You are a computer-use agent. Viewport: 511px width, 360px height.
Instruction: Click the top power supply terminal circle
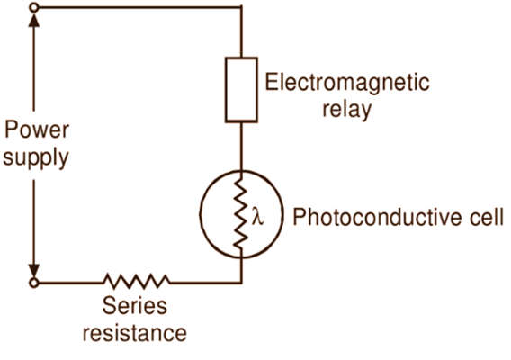coord(34,7)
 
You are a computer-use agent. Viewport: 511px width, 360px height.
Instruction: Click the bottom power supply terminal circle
coord(34,283)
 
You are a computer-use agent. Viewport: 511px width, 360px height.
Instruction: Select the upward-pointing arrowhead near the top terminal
coord(34,20)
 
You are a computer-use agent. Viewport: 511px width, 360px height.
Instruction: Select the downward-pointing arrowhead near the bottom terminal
coord(34,270)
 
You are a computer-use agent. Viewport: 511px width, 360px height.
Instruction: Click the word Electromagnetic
coord(347,83)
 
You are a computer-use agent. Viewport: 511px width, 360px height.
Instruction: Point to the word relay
coord(346,109)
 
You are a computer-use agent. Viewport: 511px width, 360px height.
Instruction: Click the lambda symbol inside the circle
coord(258,216)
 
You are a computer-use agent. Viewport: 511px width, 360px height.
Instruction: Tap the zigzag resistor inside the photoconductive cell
coord(241,213)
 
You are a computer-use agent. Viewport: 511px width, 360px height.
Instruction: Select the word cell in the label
coord(486,217)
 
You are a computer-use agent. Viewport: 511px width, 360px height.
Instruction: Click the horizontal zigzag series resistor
coord(136,282)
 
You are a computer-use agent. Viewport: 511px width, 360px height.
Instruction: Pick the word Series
coord(135,306)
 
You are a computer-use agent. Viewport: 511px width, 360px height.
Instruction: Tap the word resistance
coord(135,333)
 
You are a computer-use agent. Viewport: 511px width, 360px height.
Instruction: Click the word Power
coord(37,130)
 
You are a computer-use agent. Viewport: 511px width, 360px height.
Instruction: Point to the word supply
coord(36,158)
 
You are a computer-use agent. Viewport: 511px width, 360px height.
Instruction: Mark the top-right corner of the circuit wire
coord(241,7)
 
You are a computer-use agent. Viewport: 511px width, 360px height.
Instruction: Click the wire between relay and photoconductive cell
coord(241,147)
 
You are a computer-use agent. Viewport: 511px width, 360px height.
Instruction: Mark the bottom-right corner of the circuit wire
coord(241,283)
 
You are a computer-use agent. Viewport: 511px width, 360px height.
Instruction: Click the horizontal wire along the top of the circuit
coord(140,7)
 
